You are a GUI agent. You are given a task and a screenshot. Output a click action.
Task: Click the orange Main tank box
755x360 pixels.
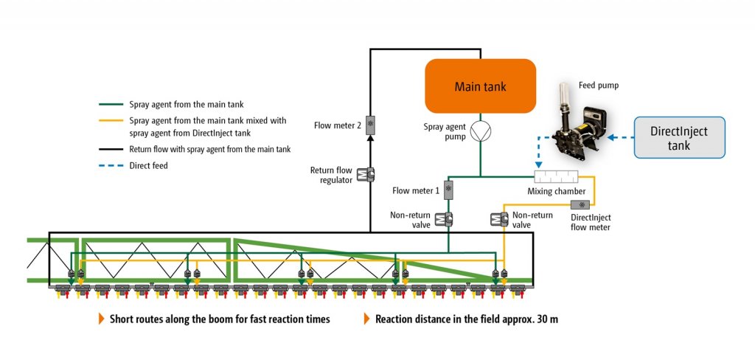click(x=480, y=86)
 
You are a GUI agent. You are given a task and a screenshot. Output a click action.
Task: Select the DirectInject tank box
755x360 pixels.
click(x=679, y=137)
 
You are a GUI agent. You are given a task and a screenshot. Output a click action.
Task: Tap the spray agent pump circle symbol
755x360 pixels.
click(x=480, y=131)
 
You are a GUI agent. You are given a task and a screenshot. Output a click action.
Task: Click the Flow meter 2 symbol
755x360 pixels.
click(x=370, y=124)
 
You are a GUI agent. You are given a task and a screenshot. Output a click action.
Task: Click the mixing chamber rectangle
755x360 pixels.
click(x=556, y=176)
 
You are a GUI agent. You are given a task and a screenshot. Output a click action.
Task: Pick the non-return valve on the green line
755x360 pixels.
click(x=443, y=219)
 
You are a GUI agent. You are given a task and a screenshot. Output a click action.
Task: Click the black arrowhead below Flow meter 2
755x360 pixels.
click(x=370, y=138)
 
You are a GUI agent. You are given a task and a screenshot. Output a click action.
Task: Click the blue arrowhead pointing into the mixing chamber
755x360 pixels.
click(x=538, y=165)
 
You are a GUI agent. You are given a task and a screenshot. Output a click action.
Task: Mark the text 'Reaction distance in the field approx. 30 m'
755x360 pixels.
click(x=467, y=319)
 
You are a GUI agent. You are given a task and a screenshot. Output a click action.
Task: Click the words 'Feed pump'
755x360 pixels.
click(x=599, y=86)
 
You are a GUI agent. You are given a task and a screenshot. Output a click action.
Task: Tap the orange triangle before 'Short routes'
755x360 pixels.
click(x=102, y=319)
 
